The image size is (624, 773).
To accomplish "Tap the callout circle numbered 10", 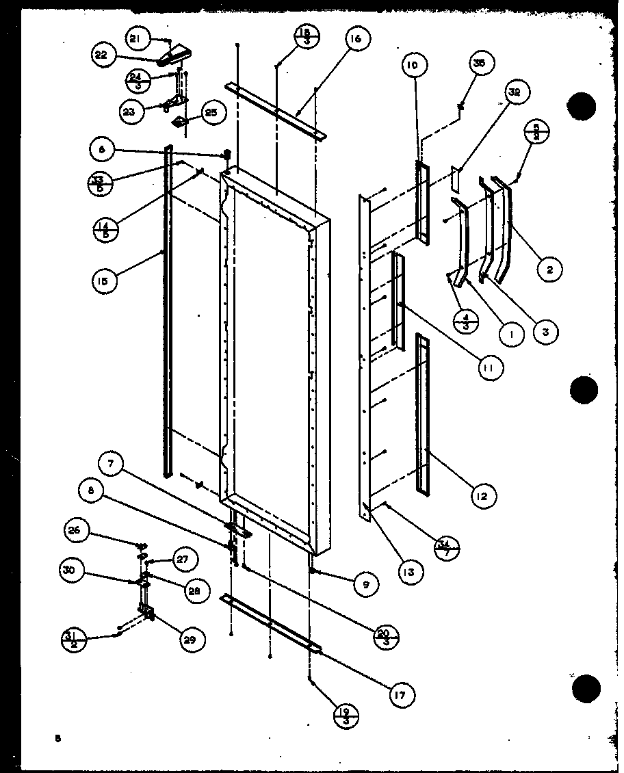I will [415, 66].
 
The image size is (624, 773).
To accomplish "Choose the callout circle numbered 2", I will [549, 270].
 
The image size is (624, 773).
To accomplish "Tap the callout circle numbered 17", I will [400, 695].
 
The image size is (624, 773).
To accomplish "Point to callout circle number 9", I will [366, 584].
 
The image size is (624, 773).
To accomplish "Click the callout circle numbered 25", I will [211, 112].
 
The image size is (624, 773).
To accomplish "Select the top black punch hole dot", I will [582, 106].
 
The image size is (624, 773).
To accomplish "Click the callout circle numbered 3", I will [545, 332].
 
